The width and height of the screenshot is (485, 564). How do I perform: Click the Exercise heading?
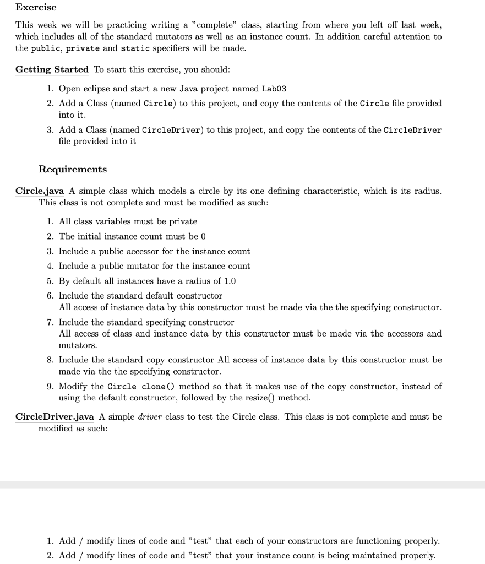(x=36, y=7)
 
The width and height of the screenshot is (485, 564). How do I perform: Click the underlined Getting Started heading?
(x=52, y=69)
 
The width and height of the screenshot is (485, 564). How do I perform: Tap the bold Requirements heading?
(x=73, y=169)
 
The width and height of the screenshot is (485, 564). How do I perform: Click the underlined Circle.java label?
(x=40, y=191)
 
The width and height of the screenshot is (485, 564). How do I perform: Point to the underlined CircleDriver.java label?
(x=55, y=416)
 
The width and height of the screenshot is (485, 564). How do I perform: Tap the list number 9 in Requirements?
(x=50, y=386)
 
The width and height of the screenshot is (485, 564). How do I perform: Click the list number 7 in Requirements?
(x=50, y=322)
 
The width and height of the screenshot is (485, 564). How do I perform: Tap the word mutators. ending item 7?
(x=78, y=345)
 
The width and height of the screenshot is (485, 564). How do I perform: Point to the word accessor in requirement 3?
(x=131, y=251)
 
